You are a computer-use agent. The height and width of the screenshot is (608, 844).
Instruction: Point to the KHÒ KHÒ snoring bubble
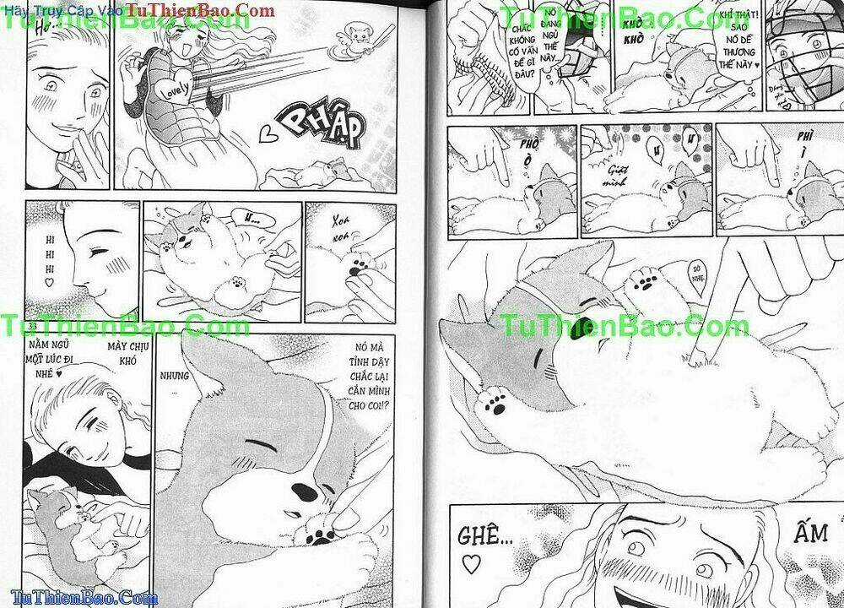click(632, 38)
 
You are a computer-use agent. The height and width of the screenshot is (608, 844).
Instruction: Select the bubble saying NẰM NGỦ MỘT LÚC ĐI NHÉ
click(57, 361)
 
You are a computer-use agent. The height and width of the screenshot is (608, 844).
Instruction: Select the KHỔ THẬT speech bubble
click(731, 46)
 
